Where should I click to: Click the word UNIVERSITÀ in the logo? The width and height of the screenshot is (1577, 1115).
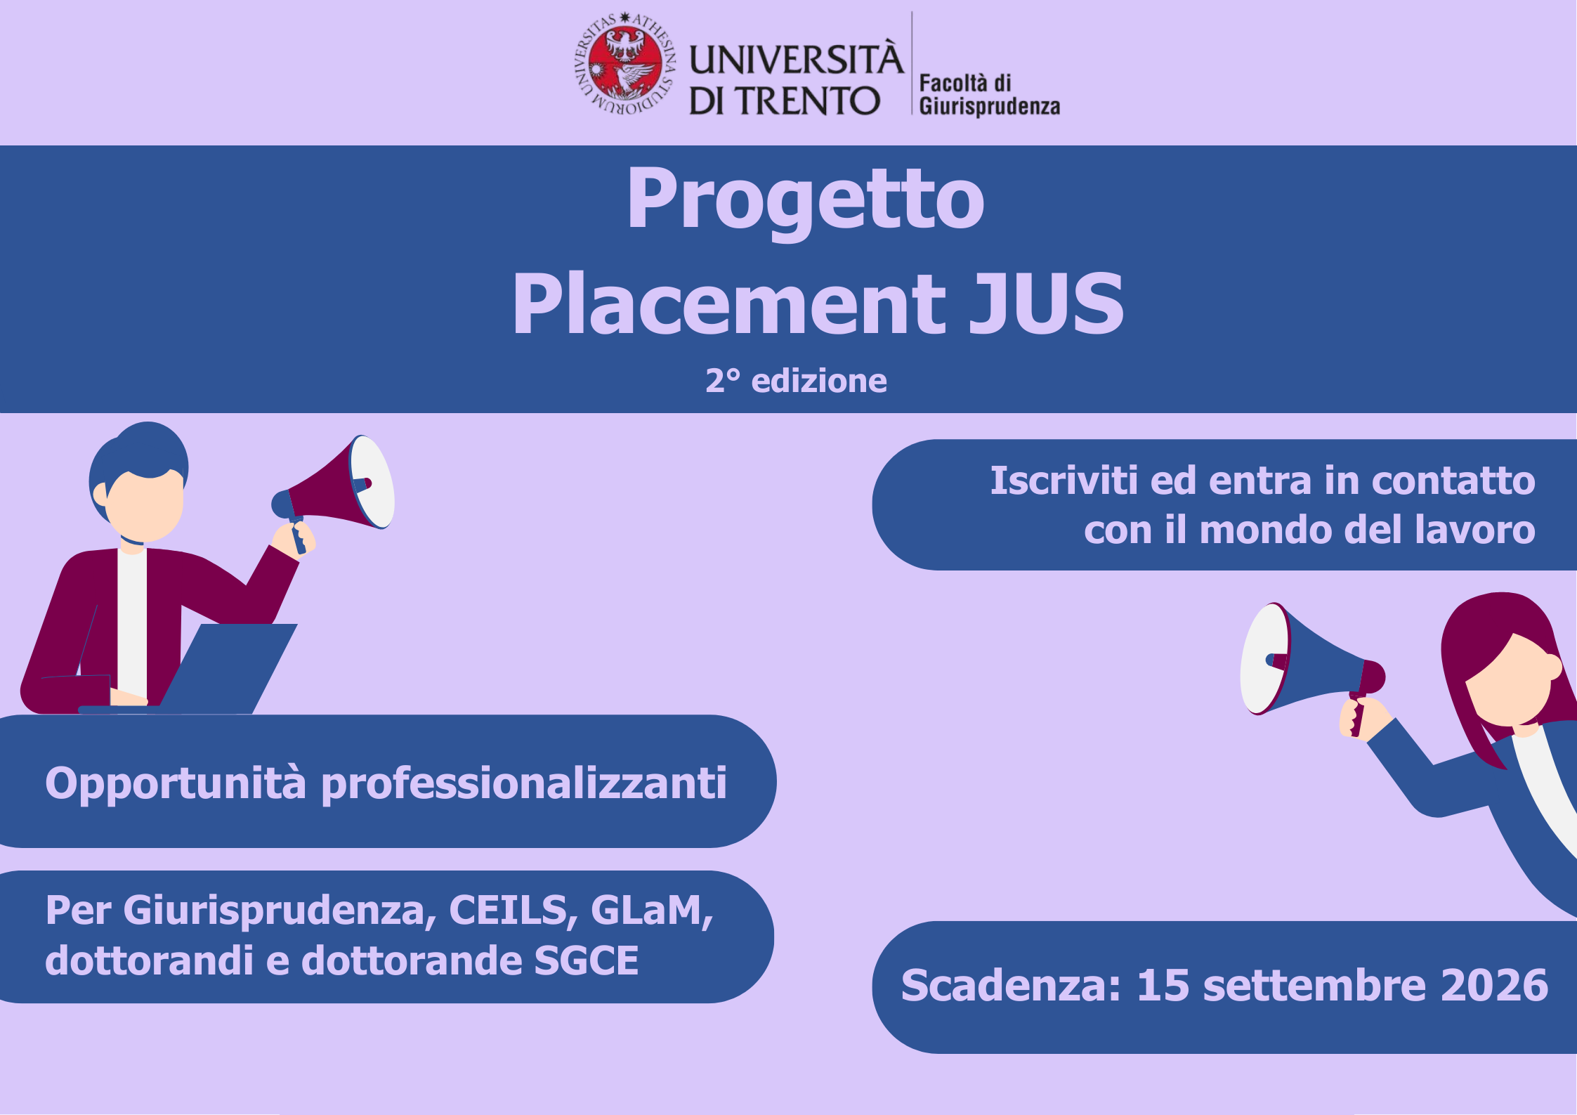(x=795, y=59)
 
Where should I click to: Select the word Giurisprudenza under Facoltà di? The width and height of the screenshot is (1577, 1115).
(x=989, y=107)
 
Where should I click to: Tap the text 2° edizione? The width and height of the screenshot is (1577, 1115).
(x=796, y=381)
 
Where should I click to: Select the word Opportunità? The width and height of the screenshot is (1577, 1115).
(x=176, y=783)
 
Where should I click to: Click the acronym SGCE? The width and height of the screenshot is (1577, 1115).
(x=586, y=960)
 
